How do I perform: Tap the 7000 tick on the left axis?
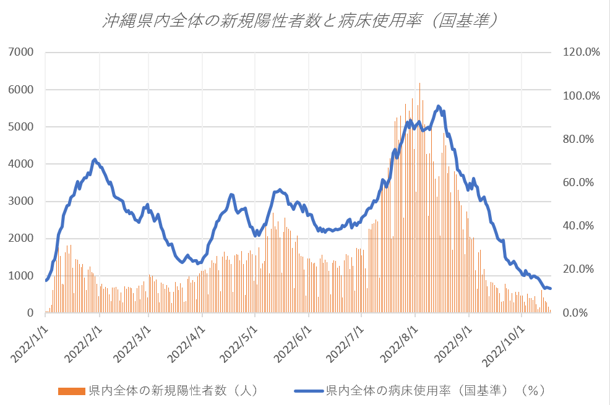22,53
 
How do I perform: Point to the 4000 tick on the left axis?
22,164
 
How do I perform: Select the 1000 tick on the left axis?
22,276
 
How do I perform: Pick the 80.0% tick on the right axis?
580,139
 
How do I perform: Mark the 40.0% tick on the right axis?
580,226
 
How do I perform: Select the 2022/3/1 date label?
131,339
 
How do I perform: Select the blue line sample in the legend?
309,391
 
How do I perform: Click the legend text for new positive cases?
173,391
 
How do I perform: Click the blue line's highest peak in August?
439,106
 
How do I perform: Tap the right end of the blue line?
550,289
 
